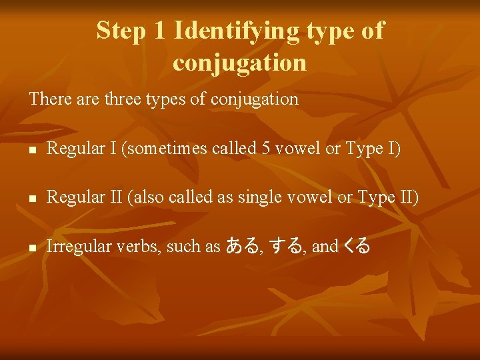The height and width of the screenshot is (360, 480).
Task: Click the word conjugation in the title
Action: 239,62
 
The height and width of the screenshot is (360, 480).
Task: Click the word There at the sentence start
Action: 47,99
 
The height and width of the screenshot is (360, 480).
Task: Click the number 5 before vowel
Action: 265,149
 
